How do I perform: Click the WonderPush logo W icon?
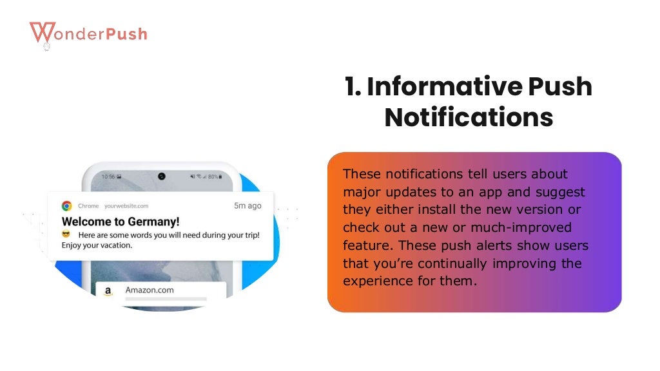pyautogui.click(x=42, y=33)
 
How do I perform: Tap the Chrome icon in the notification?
pyautogui.click(x=66, y=206)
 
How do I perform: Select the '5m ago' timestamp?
pyautogui.click(x=247, y=206)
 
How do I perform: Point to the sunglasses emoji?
pyautogui.click(x=66, y=234)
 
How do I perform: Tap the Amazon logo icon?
pyautogui.click(x=108, y=290)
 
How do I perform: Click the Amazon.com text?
pyautogui.click(x=150, y=290)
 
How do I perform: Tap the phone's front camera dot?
pyautogui.click(x=161, y=176)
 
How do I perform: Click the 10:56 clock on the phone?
pyautogui.click(x=108, y=176)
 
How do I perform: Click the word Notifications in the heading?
pyautogui.click(x=469, y=118)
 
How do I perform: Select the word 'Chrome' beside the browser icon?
pyautogui.click(x=88, y=206)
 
